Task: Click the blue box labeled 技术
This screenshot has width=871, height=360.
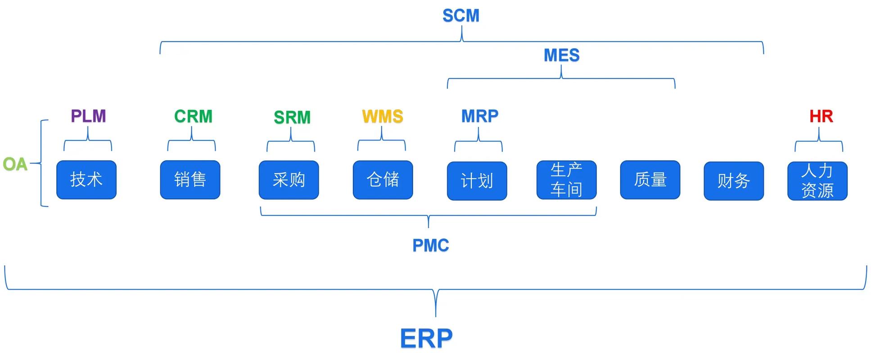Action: [86, 180]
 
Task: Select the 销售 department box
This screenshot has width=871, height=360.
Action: [190, 180]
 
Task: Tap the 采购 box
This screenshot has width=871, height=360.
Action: [289, 180]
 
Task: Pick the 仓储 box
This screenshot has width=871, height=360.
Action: [383, 180]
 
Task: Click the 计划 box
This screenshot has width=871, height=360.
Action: [477, 181]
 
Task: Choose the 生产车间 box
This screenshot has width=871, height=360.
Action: [566, 180]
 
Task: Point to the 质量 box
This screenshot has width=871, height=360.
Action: [650, 180]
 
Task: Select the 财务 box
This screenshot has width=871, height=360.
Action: [734, 181]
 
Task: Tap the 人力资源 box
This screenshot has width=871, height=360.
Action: [817, 181]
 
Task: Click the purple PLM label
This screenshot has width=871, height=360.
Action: [88, 116]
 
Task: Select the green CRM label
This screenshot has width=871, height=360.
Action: [193, 117]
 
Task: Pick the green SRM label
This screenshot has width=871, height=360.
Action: [292, 117]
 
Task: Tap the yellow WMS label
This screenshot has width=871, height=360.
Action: [383, 117]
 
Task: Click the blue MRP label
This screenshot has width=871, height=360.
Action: [480, 116]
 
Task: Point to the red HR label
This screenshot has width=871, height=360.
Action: [821, 116]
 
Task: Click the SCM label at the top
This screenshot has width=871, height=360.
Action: [461, 16]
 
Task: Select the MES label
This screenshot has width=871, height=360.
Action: [561, 55]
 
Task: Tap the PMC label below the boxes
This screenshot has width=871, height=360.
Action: [431, 245]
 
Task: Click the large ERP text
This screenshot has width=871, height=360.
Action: [426, 338]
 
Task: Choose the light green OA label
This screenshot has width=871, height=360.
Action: [15, 164]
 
